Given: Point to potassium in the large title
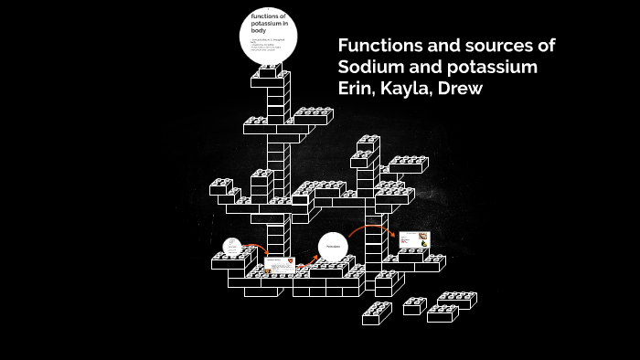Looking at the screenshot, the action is pos(494,69).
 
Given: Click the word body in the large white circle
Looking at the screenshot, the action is pos(259,31).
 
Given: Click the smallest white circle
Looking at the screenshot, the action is pos(232,247).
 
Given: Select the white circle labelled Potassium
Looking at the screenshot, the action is pos(334,248).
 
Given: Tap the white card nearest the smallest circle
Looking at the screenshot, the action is pos(279,267).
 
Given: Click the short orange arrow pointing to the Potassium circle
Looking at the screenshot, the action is pos(309,259).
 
